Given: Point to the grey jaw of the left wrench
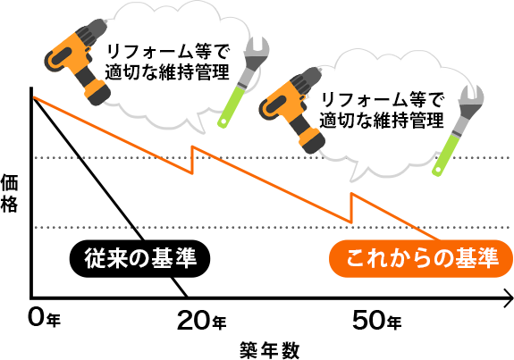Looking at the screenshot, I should pos(261,50).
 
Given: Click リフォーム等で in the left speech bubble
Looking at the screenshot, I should pos(167,52).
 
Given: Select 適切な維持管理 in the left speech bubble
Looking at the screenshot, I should pos(167,71).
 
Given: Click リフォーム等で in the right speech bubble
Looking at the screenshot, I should pos(382,99).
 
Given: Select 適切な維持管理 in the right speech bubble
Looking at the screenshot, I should pos(382,119).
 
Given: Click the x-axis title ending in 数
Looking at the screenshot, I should pos(268,349).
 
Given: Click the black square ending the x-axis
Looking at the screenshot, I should pos(508,297).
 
